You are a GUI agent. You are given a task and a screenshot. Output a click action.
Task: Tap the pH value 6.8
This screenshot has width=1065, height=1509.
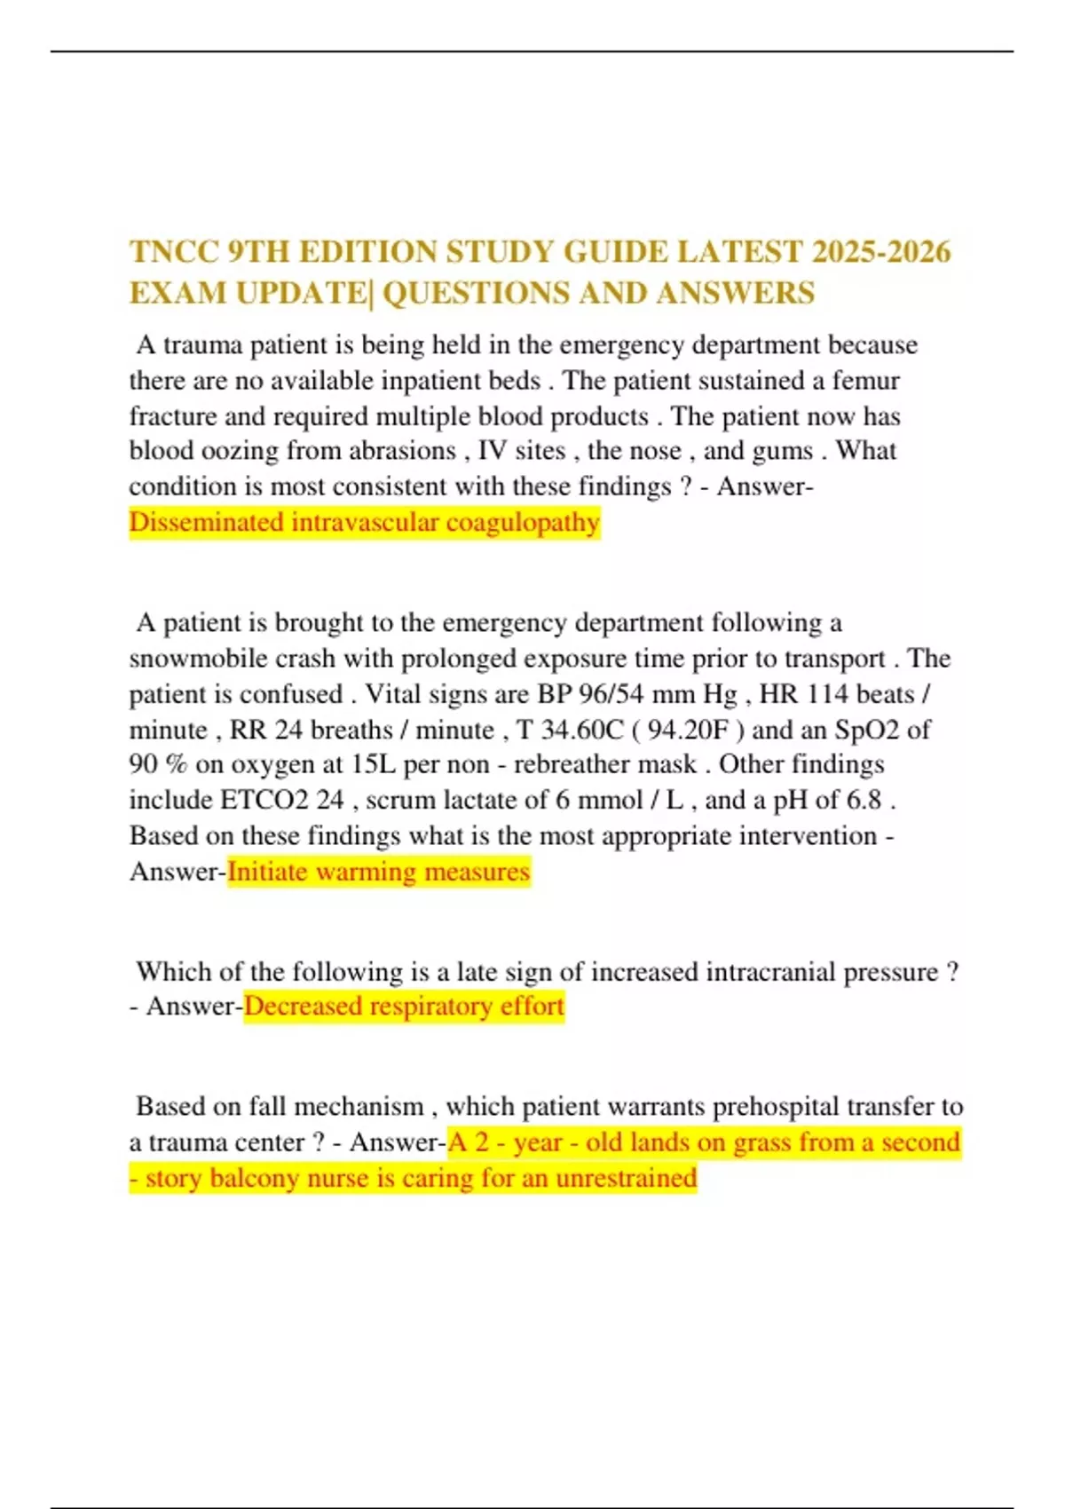point(864,800)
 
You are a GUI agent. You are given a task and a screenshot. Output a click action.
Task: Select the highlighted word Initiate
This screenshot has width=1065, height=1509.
point(267,872)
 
